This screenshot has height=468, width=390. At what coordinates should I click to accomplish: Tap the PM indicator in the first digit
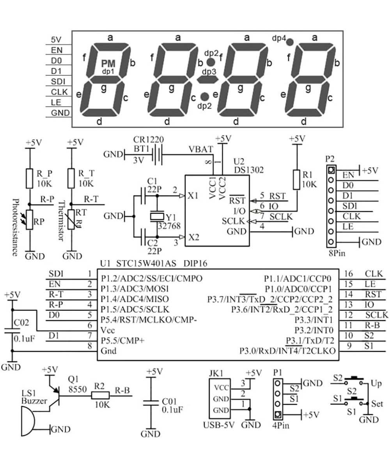click(108, 63)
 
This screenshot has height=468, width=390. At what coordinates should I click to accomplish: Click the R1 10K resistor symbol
click(297, 179)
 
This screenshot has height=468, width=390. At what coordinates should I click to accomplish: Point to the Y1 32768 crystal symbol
click(157, 217)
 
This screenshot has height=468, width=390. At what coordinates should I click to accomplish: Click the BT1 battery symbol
click(157, 155)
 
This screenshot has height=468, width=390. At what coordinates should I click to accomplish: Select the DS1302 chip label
click(249, 170)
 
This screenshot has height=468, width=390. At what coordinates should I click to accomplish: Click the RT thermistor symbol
click(71, 220)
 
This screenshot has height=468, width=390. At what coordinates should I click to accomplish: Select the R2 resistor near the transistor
click(101, 395)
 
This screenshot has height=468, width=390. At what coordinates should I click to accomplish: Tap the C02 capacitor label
click(22, 323)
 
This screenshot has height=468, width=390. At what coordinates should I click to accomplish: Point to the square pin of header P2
click(331, 170)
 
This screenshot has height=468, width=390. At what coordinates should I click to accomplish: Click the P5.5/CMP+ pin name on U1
click(122, 340)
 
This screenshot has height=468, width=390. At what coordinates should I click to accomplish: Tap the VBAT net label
click(201, 149)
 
